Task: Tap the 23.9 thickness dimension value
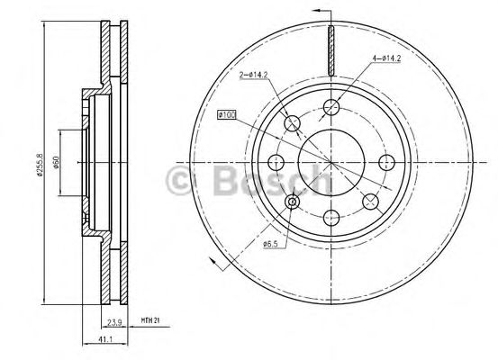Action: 115,319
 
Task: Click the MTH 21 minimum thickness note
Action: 150,319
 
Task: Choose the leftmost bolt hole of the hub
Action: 276,162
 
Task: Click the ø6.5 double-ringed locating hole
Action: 293,202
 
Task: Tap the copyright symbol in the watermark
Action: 180,180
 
